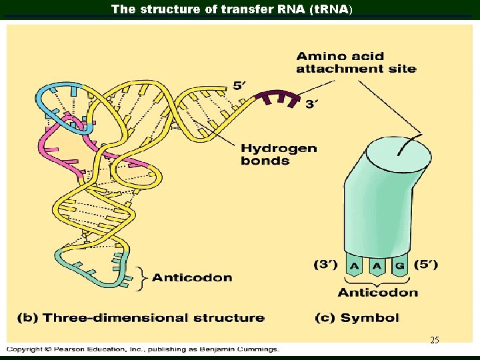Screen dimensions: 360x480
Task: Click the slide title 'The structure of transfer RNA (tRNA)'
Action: (232, 9)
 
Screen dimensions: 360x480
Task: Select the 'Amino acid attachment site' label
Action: (356, 63)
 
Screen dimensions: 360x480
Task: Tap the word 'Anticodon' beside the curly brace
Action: (192, 277)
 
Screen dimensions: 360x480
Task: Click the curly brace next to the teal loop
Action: (140, 278)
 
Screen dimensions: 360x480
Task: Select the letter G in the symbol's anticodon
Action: (399, 265)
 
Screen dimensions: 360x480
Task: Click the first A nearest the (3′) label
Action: (355, 265)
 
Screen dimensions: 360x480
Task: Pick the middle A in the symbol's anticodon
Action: (377, 265)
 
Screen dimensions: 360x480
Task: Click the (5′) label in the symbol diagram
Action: (425, 265)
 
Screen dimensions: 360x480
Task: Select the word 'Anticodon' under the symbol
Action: (377, 292)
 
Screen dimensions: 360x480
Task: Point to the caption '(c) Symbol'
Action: (357, 318)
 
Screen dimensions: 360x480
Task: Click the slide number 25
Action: (434, 340)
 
